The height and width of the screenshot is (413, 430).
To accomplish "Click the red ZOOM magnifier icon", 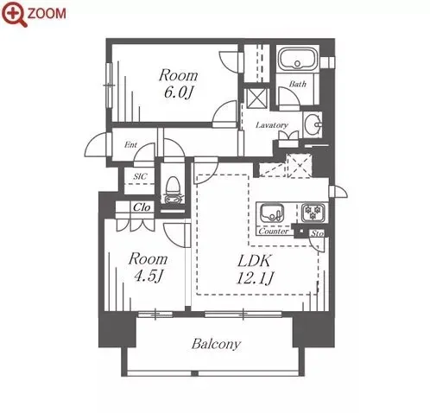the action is point(15,15).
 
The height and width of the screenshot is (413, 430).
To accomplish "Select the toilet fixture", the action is point(173,190).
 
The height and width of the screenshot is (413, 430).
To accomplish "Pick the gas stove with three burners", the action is point(313,213).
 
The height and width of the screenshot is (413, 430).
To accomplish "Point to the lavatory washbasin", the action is point(313,125).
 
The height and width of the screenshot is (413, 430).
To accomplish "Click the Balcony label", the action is point(216,344).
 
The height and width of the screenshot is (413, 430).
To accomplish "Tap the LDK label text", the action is point(254,261).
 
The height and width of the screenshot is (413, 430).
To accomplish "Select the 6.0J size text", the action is point(178,92).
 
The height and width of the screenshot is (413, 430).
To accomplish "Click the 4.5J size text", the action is point(148,276).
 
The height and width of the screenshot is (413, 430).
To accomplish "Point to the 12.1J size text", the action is point(255,278).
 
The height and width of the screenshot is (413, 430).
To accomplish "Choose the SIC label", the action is point(140,176).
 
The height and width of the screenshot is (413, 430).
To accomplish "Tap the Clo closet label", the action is point(142,207).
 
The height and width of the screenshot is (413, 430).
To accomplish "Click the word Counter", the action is point(274,232).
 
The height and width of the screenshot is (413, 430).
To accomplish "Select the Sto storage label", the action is point(317,233).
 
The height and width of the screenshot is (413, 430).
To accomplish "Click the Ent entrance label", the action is point(130,145).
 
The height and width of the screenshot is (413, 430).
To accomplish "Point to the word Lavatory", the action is point(272,125).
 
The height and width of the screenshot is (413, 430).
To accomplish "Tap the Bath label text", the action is point(298,84).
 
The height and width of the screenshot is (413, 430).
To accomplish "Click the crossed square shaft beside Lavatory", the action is point(256,98).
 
